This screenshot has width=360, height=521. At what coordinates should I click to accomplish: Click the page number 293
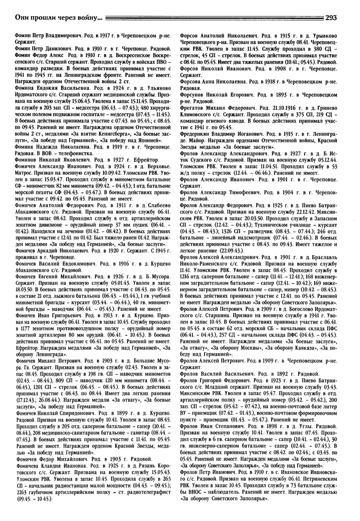[x=331, y=18]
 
